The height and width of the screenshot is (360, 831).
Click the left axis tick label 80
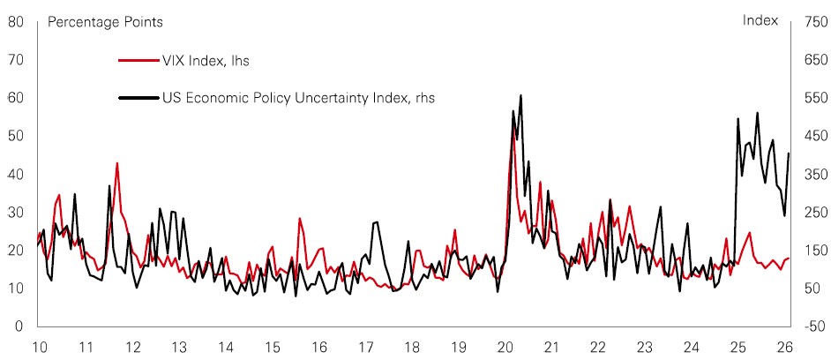click(15, 21)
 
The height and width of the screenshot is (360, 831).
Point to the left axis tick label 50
click(15, 136)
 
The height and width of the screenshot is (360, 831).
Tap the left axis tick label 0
click(19, 326)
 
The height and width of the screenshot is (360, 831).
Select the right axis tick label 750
click(812, 21)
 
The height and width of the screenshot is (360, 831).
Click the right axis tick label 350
click(812, 174)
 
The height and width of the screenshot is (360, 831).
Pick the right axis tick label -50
click(812, 326)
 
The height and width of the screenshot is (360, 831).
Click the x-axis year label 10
click(39, 346)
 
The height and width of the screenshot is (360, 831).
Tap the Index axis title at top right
click(760, 20)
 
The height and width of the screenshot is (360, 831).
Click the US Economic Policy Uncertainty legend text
click(298, 98)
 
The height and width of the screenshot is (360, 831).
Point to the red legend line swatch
click(137, 61)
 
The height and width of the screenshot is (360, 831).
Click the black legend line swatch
click(137, 98)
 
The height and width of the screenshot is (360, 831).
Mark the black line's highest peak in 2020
click(520, 95)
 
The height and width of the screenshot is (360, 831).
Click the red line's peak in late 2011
click(116, 163)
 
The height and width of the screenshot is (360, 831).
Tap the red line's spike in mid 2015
click(300, 219)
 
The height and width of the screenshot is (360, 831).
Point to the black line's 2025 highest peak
click(757, 113)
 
